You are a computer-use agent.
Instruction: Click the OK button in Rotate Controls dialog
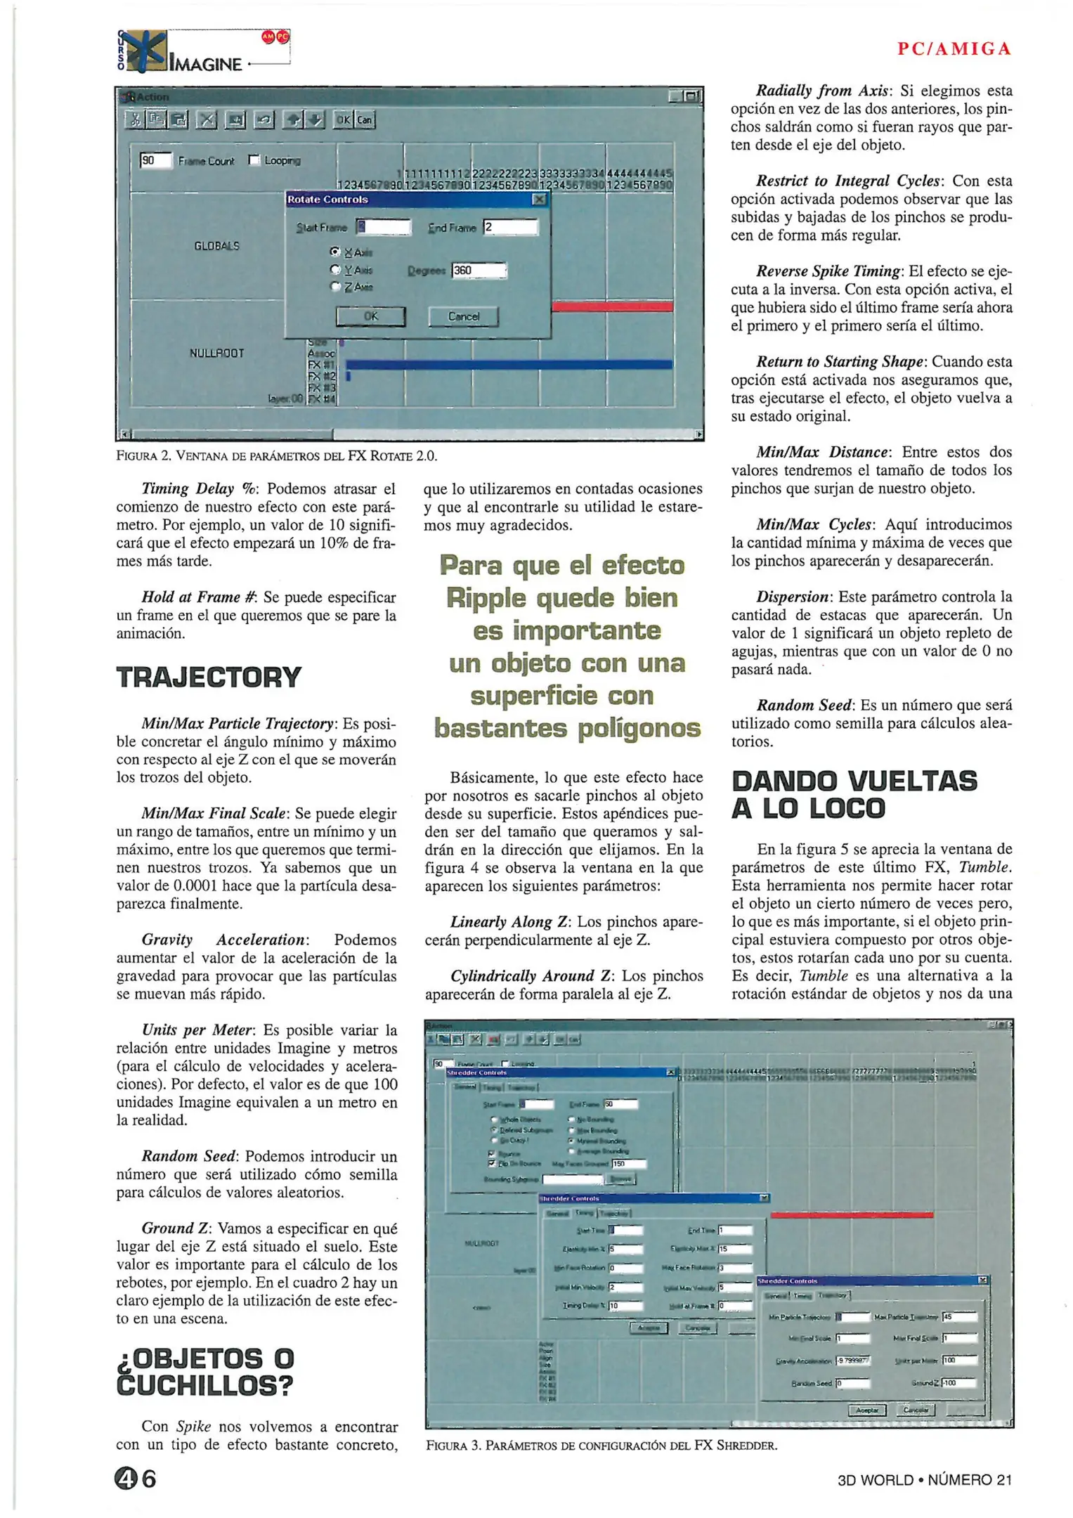[370, 317]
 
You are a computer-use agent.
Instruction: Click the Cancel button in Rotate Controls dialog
[463, 317]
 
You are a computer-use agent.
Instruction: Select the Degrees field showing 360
[479, 271]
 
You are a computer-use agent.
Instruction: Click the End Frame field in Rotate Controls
[510, 227]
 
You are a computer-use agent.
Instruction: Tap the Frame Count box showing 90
[155, 160]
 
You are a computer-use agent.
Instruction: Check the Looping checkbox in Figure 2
[254, 160]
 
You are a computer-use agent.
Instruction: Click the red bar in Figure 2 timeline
[612, 306]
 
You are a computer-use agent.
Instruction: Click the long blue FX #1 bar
[508, 364]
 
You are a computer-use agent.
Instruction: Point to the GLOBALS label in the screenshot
[216, 246]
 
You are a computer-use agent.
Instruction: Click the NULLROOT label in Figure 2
[216, 353]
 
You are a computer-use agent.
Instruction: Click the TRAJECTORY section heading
[209, 677]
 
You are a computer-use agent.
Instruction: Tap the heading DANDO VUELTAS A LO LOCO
[854, 795]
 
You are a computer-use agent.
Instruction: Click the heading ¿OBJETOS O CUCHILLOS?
[204, 1372]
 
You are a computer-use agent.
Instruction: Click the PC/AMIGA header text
[954, 48]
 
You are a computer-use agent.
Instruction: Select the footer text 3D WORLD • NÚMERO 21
[924, 1479]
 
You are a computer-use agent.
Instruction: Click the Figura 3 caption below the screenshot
[601, 1446]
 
